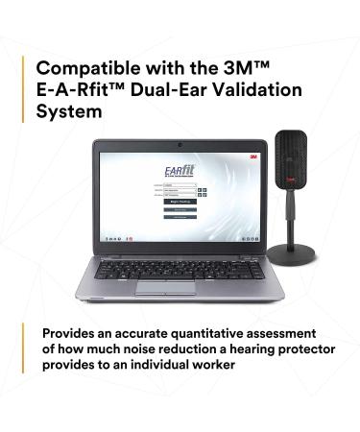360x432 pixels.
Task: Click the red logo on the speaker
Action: (x=291, y=179)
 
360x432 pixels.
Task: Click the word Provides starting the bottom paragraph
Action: (x=70, y=333)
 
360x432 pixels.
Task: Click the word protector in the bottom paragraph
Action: (x=290, y=349)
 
